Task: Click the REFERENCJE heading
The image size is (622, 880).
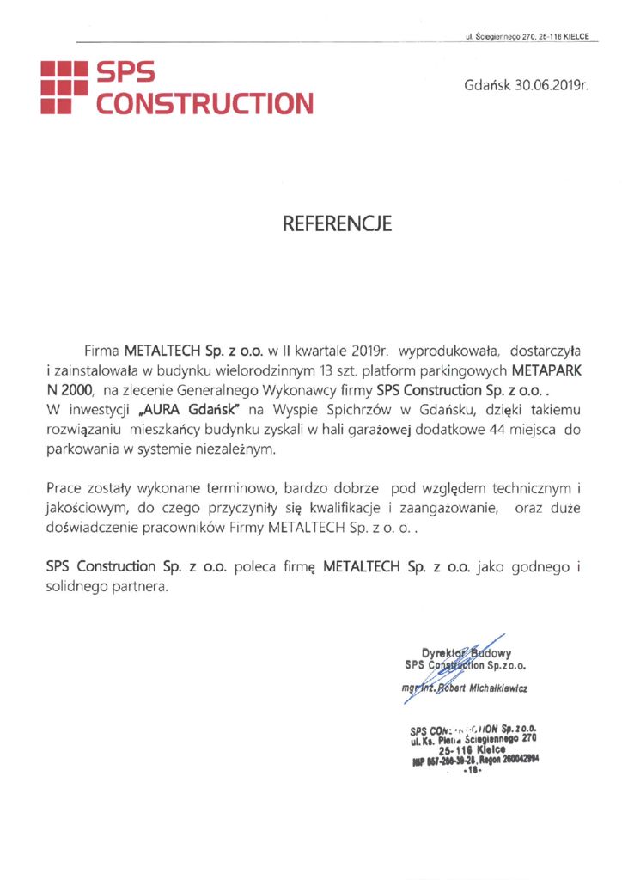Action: click(337, 223)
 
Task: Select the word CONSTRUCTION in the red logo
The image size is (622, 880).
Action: click(204, 105)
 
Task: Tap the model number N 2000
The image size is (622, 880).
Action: click(70, 390)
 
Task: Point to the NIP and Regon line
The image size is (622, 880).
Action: click(474, 760)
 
